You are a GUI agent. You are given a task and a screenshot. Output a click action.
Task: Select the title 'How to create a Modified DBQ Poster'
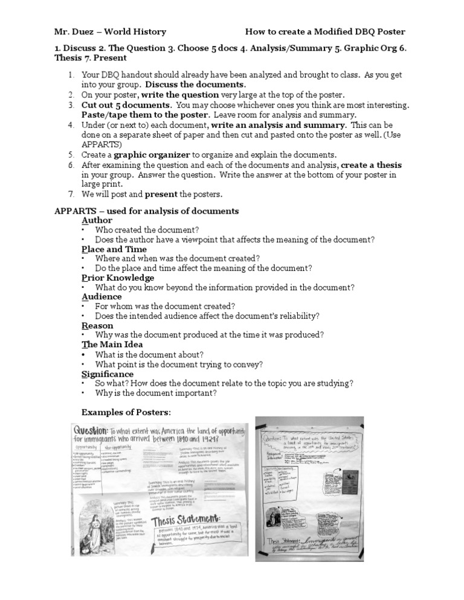[x=326, y=32]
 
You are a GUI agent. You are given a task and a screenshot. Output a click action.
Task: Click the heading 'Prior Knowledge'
[x=118, y=278]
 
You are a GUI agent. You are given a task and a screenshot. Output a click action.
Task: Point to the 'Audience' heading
[x=101, y=297]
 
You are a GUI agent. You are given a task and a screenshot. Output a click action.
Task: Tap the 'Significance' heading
[x=108, y=374]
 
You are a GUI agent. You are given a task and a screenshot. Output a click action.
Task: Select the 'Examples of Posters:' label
[x=126, y=412]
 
